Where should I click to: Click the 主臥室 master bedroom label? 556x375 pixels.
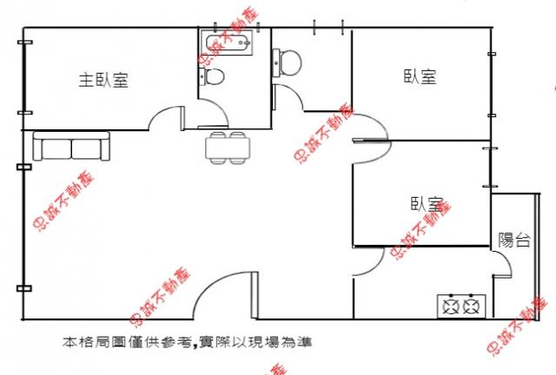click(103, 80)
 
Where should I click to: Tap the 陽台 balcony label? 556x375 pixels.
click(514, 240)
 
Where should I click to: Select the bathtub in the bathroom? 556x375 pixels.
click(227, 43)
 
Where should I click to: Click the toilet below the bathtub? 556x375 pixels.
click(212, 76)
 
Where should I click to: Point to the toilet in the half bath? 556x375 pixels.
click(287, 62)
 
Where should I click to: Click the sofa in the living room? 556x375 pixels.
click(71, 146)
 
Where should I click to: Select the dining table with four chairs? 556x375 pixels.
click(228, 148)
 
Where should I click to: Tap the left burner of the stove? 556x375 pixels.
click(451, 306)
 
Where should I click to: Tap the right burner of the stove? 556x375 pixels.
click(472, 306)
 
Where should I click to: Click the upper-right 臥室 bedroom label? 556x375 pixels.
click(420, 76)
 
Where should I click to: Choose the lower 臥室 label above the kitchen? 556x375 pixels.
click(427, 204)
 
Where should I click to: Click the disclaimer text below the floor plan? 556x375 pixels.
click(188, 342)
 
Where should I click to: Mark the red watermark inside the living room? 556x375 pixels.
click(64, 202)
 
